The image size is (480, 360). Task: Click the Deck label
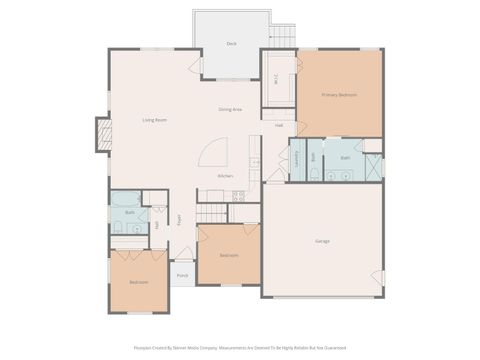click(x=231, y=44)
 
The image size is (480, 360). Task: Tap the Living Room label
click(x=154, y=120)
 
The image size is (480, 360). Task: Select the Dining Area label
click(x=230, y=109)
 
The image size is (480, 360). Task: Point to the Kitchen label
click(x=227, y=176)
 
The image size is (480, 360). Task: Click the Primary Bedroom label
click(x=339, y=95)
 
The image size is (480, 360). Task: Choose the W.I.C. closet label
click(x=277, y=81)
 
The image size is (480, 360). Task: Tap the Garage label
click(x=322, y=241)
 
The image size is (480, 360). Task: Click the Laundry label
click(x=297, y=158)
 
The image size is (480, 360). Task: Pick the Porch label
click(x=182, y=276)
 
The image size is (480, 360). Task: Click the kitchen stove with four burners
click(x=238, y=197)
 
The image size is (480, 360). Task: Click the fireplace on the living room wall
click(x=103, y=134)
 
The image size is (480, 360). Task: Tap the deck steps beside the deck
click(x=283, y=35)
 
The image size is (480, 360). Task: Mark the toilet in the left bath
click(x=118, y=228)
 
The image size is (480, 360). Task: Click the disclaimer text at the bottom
click(x=240, y=348)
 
